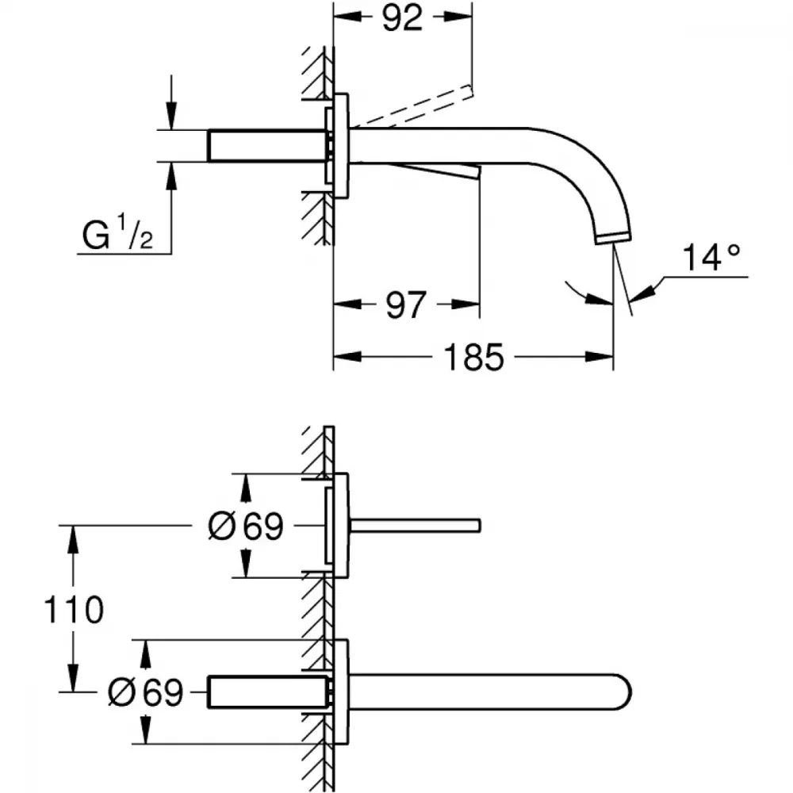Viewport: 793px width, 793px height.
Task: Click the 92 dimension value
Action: [x=402, y=19]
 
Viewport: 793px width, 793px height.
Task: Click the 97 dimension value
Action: [x=405, y=305]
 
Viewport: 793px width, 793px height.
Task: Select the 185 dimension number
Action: [x=474, y=357]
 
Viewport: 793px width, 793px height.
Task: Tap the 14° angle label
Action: [x=711, y=258]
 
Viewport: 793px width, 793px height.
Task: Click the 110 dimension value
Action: [x=74, y=609]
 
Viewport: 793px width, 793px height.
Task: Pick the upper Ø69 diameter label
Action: [x=246, y=526]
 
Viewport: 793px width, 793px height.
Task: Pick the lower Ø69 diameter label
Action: [x=146, y=692]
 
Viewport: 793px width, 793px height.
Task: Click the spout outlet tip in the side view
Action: [x=613, y=238]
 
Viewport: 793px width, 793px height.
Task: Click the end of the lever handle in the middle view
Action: [x=478, y=526]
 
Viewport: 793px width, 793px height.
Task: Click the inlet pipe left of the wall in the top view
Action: [x=266, y=146]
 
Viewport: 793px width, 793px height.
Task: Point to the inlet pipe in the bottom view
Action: [x=266, y=691]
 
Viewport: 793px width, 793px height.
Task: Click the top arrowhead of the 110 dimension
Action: [x=74, y=539]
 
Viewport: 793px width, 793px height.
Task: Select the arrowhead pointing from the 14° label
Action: [x=642, y=294]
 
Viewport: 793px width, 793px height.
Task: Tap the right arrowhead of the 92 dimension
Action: [x=458, y=17]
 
